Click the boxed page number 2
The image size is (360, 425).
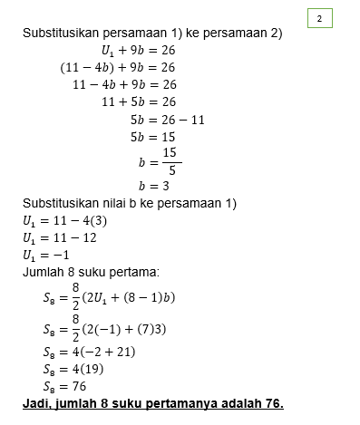[319, 18]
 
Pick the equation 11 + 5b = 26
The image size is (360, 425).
[138, 101]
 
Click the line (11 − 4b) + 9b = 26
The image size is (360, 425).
[117, 67]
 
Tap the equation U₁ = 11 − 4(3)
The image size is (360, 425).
[62, 219]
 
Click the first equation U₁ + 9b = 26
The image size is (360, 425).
[138, 50]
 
